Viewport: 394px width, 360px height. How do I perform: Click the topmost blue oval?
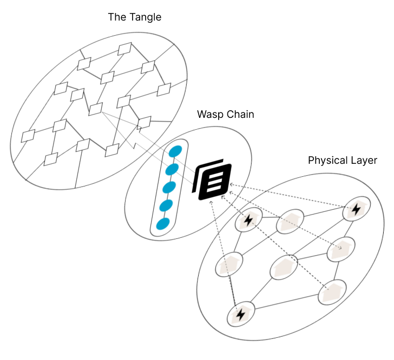(x=175, y=152)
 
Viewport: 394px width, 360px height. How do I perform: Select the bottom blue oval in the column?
(x=162, y=223)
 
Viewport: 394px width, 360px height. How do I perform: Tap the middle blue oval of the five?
(x=169, y=188)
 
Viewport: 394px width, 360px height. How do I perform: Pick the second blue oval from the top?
(x=172, y=170)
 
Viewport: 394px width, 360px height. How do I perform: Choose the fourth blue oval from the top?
(x=166, y=205)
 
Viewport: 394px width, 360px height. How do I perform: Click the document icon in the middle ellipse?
(x=212, y=181)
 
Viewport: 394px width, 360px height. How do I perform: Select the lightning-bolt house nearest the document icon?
(x=248, y=220)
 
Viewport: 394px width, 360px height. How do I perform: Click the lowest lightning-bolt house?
(x=240, y=313)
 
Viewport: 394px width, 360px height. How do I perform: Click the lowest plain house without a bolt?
(x=332, y=292)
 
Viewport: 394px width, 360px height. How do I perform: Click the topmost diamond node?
(x=126, y=48)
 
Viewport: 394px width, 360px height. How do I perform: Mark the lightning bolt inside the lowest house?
(x=240, y=314)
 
